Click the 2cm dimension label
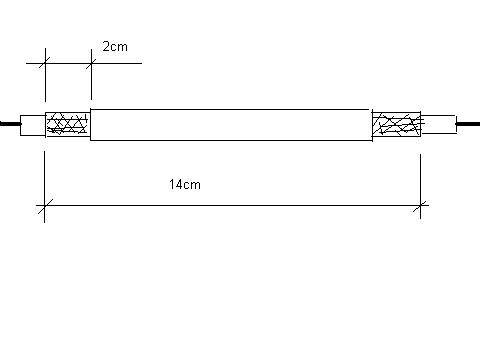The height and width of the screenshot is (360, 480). pyautogui.click(x=115, y=46)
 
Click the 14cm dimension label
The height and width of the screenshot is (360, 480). pyautogui.click(x=185, y=184)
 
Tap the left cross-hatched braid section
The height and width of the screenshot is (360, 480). pyautogui.click(x=68, y=124)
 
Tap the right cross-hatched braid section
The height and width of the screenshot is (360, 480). pyautogui.click(x=396, y=125)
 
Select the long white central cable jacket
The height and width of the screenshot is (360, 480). pyautogui.click(x=231, y=125)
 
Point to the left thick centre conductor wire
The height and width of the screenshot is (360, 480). pyautogui.click(x=11, y=124)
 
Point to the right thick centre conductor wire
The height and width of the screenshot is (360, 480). pyautogui.click(x=468, y=124)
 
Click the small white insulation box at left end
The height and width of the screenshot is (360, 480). pyautogui.click(x=33, y=125)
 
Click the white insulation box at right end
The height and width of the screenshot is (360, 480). pyautogui.click(x=438, y=124)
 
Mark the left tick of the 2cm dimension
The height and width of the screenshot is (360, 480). pyautogui.click(x=45, y=63)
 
